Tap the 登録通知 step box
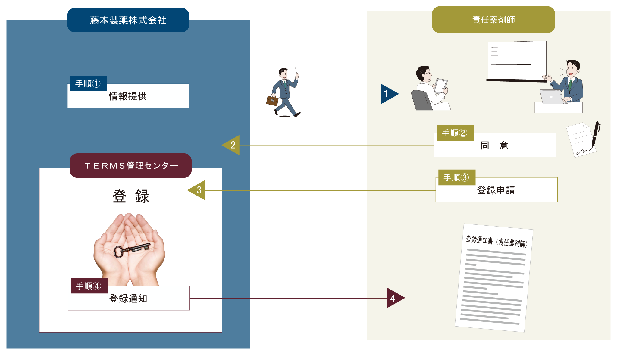tap(129, 299)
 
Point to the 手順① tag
tap(88, 84)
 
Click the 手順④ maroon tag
tap(89, 286)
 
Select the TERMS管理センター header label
tap(131, 166)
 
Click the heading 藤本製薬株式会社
tap(128, 20)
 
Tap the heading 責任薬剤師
tap(493, 20)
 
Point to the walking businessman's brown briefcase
tap(272, 101)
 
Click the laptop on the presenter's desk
tap(551, 96)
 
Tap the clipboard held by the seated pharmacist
tap(441, 85)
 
